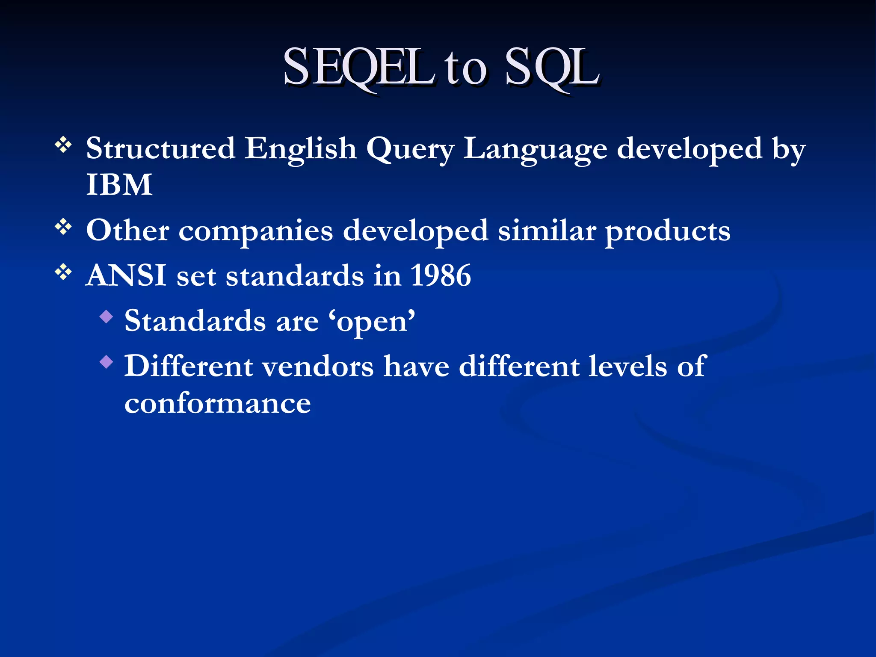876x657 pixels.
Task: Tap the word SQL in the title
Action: (552, 68)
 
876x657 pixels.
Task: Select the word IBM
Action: (119, 185)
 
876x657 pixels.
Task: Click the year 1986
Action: (441, 275)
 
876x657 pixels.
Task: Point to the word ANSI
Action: (126, 275)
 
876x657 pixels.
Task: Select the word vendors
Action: (318, 367)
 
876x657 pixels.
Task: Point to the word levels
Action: (627, 367)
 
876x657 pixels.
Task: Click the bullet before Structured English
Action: (63, 145)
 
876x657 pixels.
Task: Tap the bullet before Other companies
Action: (63, 227)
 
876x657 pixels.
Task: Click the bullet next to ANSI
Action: (63, 272)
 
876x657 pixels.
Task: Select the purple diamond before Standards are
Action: (106, 317)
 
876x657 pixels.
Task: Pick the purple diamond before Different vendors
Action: (106, 362)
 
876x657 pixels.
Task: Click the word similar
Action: (547, 231)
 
